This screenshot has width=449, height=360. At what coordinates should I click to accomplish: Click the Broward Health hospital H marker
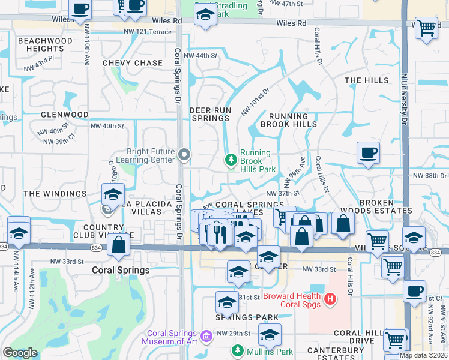tap(329, 298)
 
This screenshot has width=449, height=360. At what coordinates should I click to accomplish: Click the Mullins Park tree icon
tap(238, 351)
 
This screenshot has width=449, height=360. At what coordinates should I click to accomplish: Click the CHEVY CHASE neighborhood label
tap(133, 63)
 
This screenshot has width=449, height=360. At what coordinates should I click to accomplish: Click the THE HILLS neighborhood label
tap(367, 80)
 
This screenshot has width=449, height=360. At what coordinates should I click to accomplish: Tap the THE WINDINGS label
tap(55, 194)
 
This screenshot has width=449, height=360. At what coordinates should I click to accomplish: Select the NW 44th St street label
tap(200, 56)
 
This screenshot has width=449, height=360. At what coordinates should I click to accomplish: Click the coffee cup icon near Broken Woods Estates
tap(368, 152)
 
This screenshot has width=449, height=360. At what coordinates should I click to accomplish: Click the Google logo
tap(20, 353)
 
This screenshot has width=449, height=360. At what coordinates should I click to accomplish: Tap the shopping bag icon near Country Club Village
tap(119, 244)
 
